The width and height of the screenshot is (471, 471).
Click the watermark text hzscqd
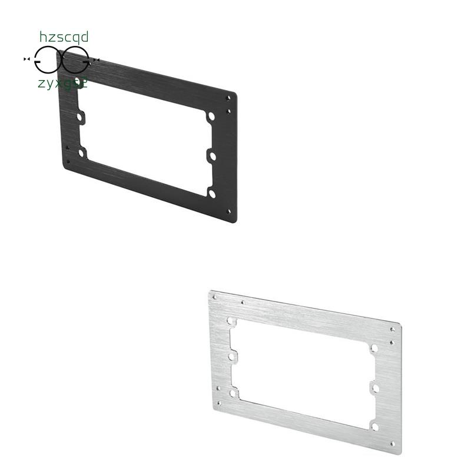point(64,38)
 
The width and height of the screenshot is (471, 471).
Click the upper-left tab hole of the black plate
point(79,117)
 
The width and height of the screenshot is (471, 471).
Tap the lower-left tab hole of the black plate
point(81,152)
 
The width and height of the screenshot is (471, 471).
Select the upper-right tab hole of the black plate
point(210,118)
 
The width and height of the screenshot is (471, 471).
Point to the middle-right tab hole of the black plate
point(210,156)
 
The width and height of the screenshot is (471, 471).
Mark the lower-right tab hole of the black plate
point(210,192)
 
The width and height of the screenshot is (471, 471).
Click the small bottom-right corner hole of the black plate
point(229,210)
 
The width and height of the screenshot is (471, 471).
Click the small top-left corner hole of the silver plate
point(214,298)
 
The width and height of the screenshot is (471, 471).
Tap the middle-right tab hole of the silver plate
point(373,387)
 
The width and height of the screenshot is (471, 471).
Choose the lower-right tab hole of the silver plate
point(373,425)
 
